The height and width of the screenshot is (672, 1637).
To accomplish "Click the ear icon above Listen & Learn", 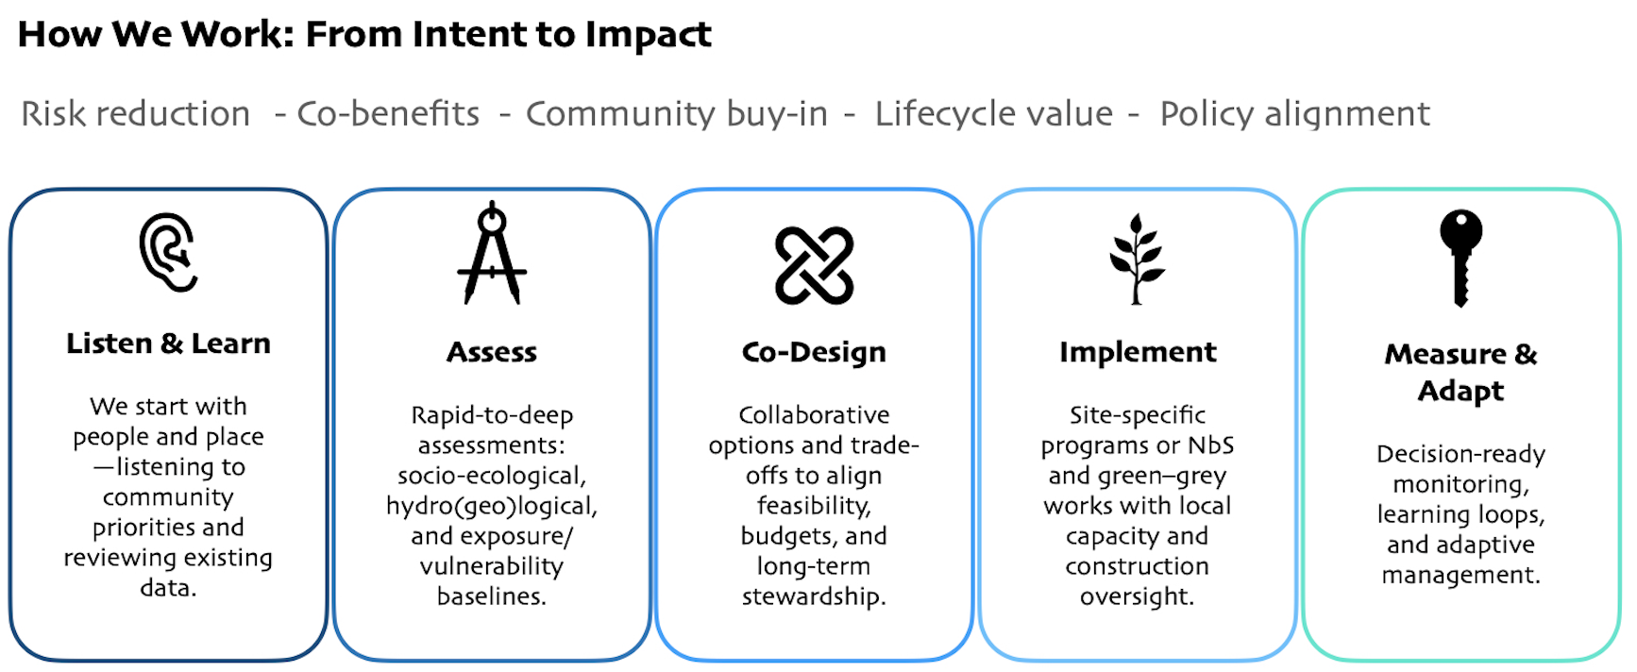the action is coord(168,252).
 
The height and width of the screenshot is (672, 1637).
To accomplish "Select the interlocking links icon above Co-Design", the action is coord(814,265).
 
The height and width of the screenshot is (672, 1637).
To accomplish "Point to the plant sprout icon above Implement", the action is coord(1137,259).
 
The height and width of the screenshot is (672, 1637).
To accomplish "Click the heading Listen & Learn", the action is coord(168,344).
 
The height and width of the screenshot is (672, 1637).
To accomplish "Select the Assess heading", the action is coord(492,352).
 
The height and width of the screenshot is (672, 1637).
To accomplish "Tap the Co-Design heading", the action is coord(814,352).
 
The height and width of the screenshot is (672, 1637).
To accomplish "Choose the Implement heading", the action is coord(1138,352).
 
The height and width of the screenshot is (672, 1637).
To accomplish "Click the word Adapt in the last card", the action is coord(1460,391).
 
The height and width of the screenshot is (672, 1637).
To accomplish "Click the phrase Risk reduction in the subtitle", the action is coord(136,114).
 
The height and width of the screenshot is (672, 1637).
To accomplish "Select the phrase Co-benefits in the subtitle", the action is coord(388,114).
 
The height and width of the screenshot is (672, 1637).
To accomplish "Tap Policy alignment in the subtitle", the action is coord(1294,114).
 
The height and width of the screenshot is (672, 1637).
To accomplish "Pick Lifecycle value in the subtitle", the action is coord(993,114).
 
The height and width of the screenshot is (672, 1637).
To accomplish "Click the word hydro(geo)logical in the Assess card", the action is coord(492,507).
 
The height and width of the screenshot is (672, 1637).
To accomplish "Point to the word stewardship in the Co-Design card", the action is coord(814,597).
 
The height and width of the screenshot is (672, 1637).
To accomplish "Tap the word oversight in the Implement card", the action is coord(1137,597).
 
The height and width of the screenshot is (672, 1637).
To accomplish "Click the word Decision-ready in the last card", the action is coord(1460,455).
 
